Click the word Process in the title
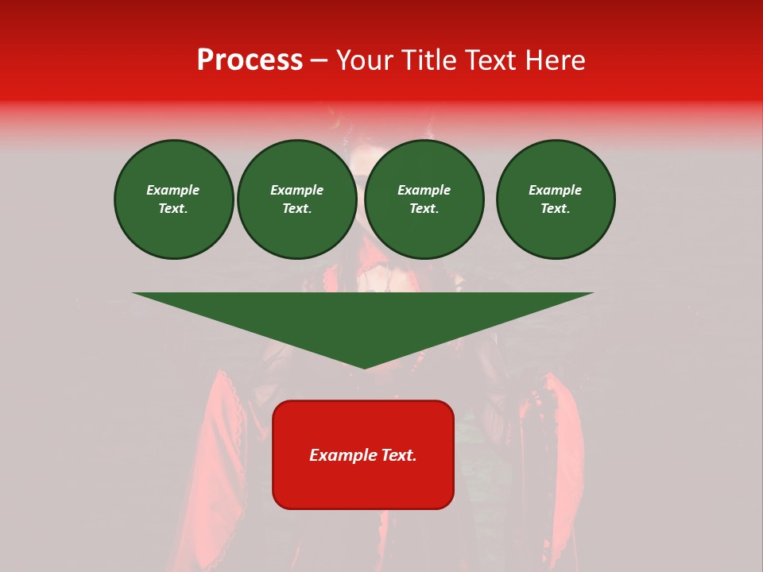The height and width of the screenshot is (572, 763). click(250, 60)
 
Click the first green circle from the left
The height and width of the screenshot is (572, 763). click(174, 199)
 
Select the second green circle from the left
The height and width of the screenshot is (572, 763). click(297, 199)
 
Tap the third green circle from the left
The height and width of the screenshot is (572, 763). click(424, 199)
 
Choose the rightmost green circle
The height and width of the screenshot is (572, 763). click(556, 199)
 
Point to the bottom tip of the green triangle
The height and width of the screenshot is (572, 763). click(364, 367)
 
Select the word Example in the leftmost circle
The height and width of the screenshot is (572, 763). click(173, 191)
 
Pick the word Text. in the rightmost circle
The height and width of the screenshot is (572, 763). click(556, 209)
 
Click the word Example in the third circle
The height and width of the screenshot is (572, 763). click(424, 191)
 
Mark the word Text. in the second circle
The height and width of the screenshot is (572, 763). click(297, 209)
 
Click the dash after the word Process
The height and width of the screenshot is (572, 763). click(320, 60)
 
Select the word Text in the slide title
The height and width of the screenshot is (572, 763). click(488, 60)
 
